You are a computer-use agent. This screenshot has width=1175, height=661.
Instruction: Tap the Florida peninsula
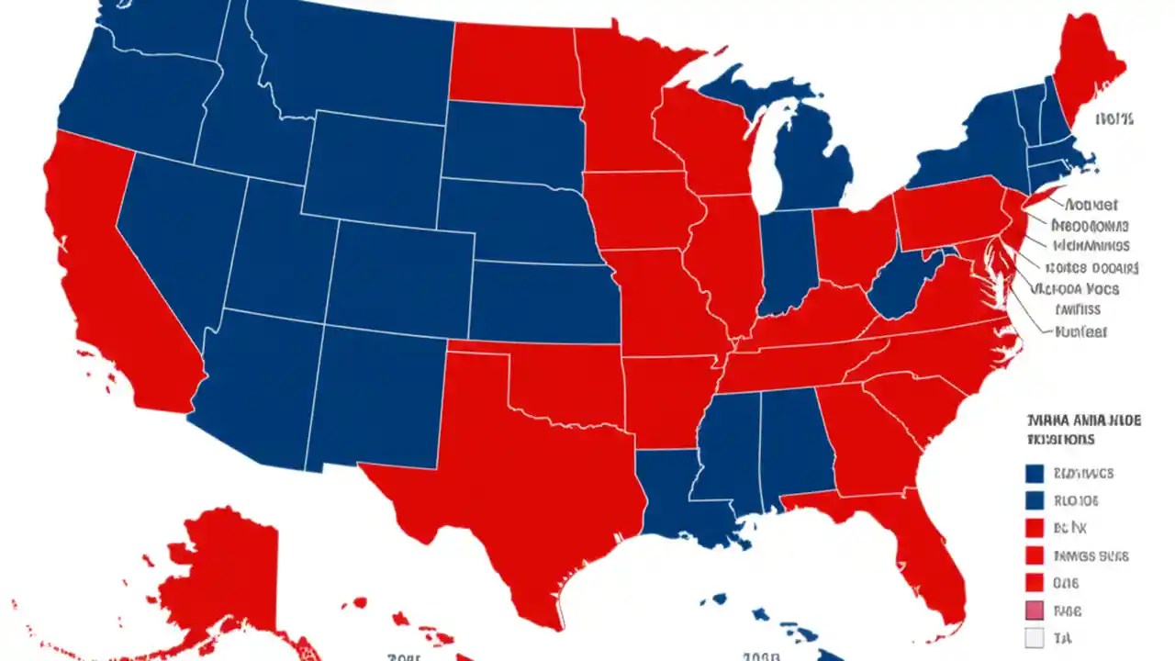click(x=927, y=560)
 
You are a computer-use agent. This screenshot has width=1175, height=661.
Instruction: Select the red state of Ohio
click(x=854, y=243)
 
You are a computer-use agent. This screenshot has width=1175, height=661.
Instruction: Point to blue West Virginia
click(x=900, y=285)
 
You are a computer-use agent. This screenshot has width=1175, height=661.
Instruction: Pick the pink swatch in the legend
click(x=1035, y=611)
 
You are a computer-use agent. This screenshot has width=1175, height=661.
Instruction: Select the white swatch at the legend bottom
click(x=1035, y=639)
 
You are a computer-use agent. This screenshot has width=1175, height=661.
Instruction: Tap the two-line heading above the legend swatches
click(x=1083, y=430)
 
